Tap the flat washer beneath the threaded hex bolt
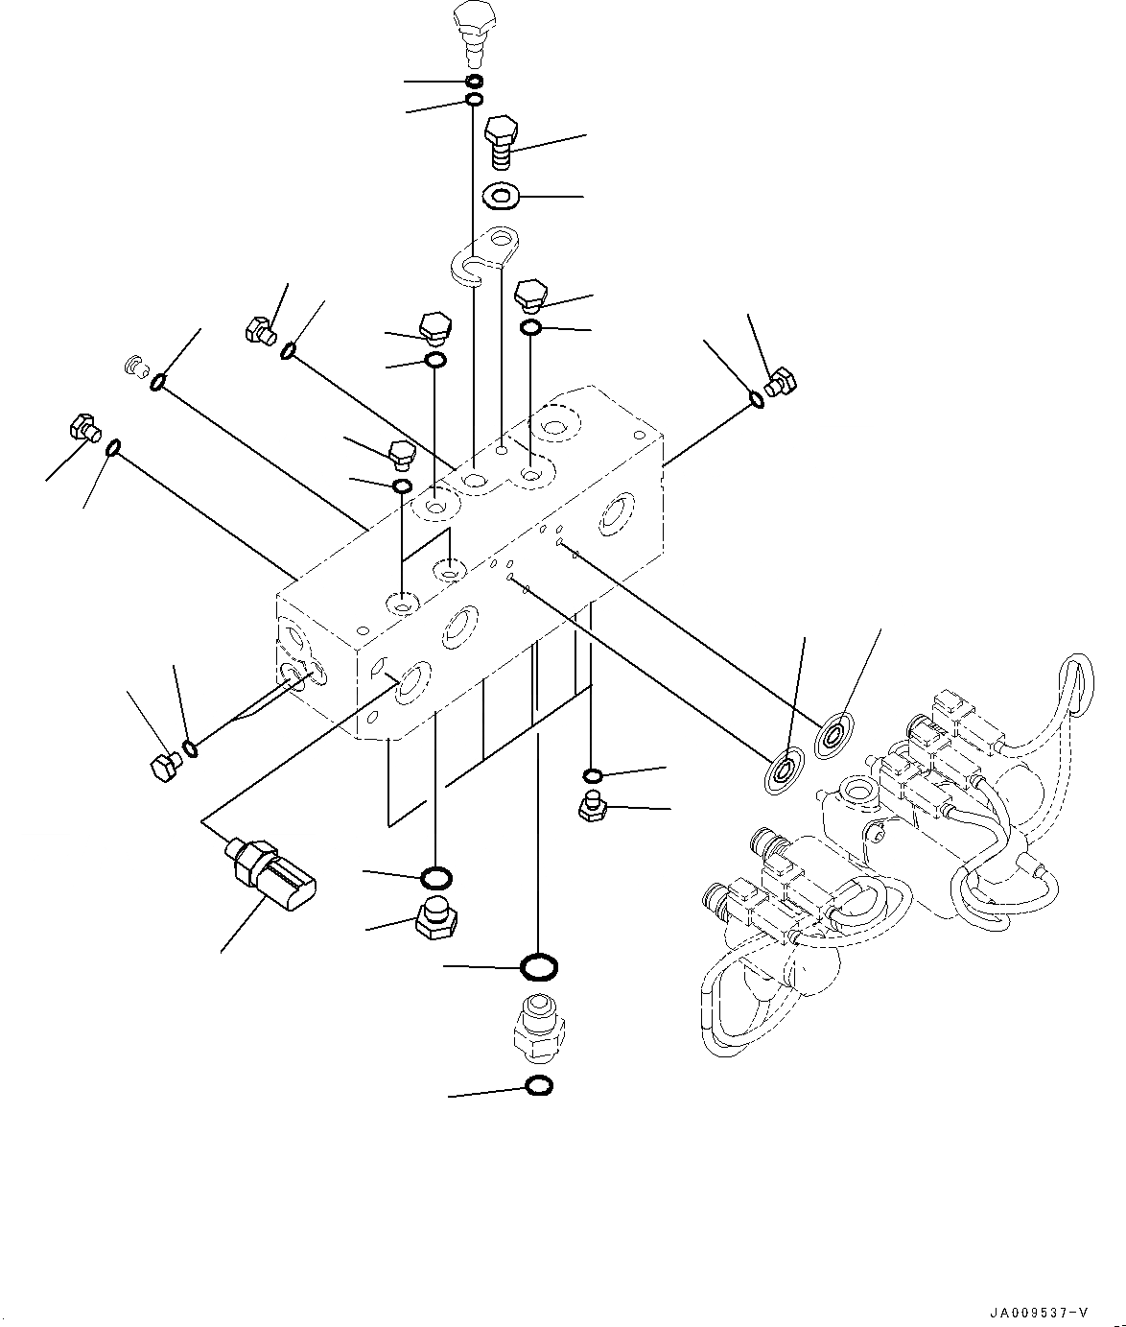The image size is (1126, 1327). [x=501, y=196]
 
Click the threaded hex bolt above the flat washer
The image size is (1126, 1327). [x=502, y=140]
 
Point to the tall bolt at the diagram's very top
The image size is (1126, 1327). [x=473, y=29]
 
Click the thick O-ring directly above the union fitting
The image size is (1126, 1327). [x=539, y=966]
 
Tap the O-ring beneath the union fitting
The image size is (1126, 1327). [x=539, y=1086]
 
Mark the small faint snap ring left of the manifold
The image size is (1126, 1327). [x=135, y=365]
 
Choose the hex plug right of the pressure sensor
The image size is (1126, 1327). [x=434, y=921]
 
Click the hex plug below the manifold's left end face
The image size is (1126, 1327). [x=166, y=766]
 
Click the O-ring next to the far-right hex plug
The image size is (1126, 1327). [x=757, y=398]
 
